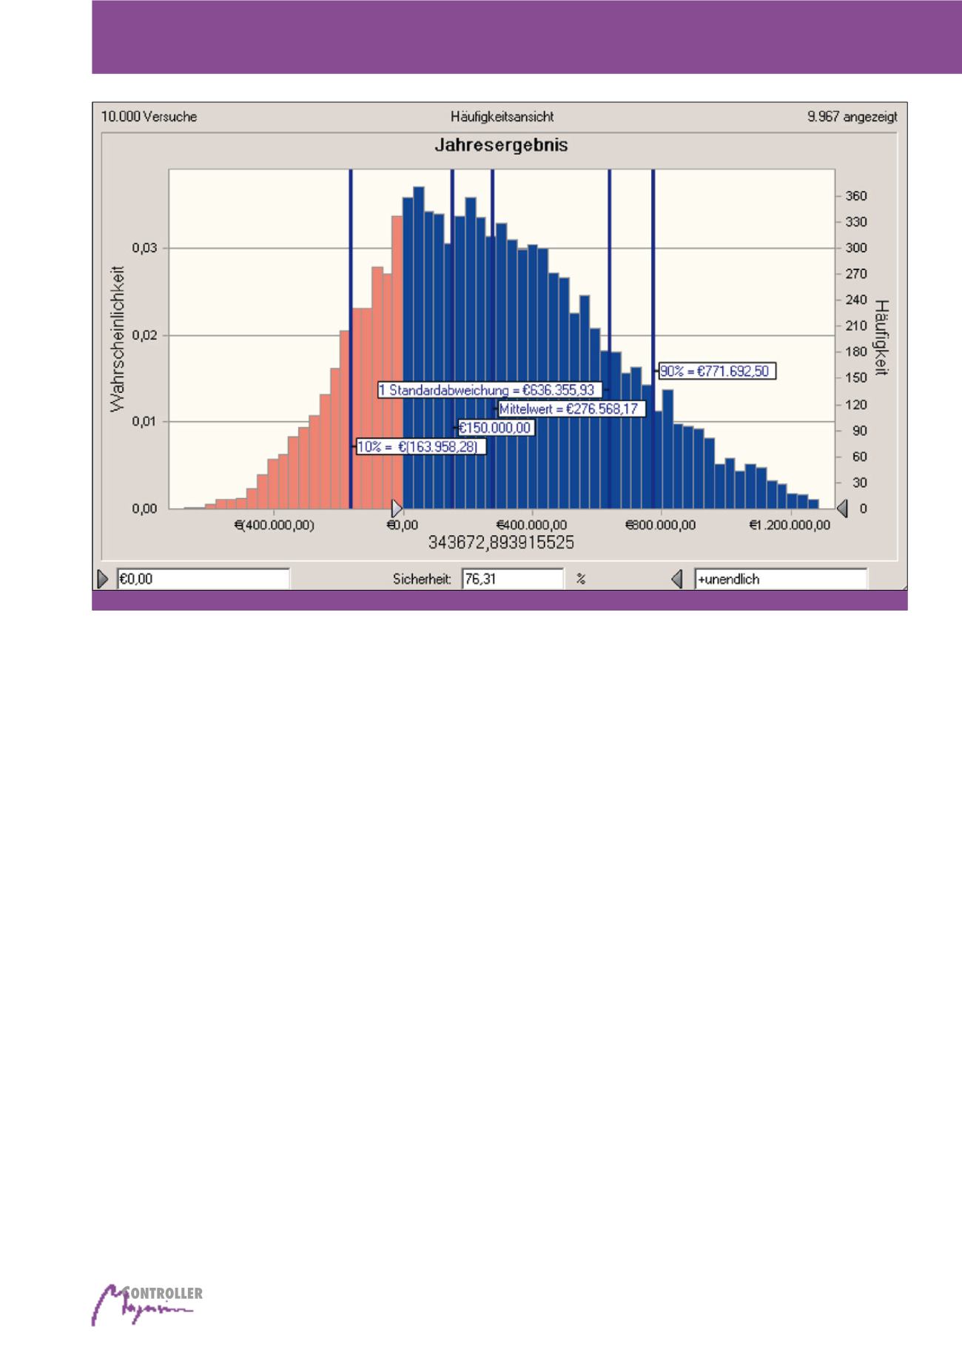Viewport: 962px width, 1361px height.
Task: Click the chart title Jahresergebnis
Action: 501,145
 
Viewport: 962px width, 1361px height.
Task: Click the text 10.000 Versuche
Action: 149,117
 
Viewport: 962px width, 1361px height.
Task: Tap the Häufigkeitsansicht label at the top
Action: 502,117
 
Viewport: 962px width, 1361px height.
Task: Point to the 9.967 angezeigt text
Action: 852,117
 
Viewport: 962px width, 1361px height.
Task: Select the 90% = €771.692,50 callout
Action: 717,372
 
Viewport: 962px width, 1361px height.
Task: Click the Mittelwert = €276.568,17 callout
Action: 571,409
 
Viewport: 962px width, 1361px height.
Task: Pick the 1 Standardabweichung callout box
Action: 490,390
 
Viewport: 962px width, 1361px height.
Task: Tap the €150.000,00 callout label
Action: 495,428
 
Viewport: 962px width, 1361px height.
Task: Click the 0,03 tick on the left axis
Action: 144,249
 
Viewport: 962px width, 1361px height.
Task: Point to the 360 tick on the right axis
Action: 856,196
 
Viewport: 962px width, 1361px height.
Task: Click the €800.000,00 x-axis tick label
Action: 661,525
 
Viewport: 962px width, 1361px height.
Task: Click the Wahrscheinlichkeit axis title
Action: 118,339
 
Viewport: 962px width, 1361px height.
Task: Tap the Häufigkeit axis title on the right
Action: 881,337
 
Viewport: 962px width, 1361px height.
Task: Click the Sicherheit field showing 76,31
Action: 511,579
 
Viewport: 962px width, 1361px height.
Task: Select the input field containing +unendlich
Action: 779,579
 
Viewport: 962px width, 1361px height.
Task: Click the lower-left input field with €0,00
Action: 202,579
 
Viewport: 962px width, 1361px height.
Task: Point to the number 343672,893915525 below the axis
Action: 501,543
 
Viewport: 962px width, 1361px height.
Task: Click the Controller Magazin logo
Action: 147,1304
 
